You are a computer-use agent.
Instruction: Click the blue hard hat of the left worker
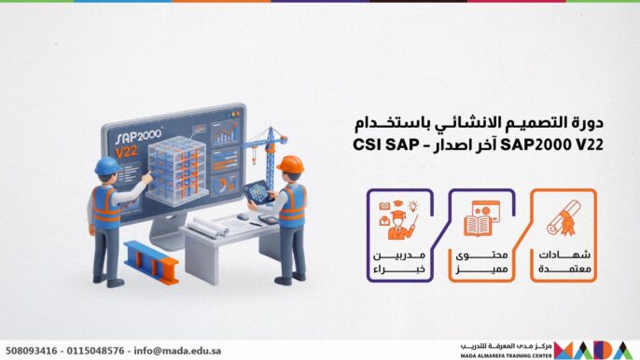click(x=107, y=166)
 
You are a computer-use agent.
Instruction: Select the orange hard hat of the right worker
click(x=289, y=164)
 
